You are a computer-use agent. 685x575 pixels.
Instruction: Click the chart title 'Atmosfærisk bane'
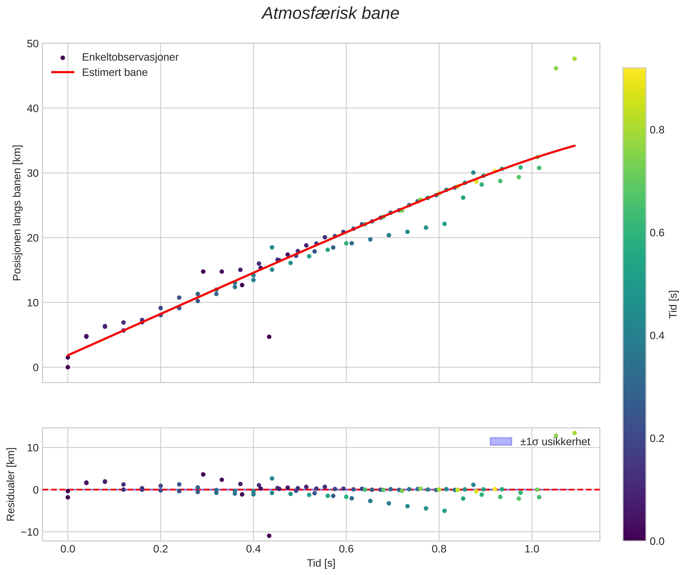330,14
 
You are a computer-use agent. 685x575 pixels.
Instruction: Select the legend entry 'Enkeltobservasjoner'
130,57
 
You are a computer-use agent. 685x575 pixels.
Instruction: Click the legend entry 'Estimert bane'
115,72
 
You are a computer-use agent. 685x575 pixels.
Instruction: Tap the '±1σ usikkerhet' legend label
555,442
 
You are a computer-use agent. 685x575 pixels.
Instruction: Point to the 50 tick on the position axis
33,44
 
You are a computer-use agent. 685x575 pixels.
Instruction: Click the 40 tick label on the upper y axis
33,108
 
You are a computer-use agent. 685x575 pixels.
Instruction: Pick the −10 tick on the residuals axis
30,532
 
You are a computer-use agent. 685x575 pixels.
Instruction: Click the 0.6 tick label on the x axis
346,549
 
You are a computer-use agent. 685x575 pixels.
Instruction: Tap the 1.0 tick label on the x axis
531,549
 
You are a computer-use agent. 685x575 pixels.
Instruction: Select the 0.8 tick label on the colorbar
657,130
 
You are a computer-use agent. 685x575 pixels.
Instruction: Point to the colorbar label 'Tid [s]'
673,304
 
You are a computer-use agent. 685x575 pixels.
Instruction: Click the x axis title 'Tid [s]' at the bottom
321,563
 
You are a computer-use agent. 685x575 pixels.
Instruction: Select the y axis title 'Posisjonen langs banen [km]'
17,212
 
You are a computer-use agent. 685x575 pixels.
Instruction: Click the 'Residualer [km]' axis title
11,484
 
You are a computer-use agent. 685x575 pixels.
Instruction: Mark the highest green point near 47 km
574,59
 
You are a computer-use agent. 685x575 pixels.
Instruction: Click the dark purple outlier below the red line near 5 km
269,337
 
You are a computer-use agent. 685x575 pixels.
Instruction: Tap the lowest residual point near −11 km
269,536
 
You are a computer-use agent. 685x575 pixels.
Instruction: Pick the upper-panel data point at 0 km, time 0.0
68,367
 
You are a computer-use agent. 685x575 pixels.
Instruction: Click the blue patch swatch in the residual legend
500,441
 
